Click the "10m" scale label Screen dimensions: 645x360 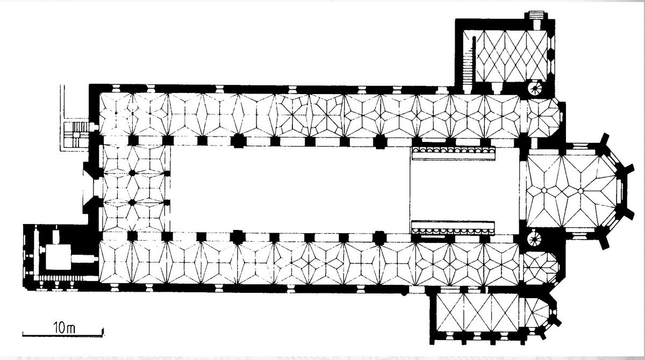tap(64, 328)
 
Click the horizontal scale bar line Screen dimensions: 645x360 tap(63, 335)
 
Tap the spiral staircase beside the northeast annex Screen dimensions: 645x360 tap(535, 88)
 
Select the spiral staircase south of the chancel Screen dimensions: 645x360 tap(534, 239)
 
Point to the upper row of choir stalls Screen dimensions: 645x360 tap(454, 153)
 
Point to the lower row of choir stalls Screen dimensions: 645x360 tap(453, 228)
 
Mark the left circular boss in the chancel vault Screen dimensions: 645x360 tap(544, 190)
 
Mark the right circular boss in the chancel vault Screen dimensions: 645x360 tap(580, 191)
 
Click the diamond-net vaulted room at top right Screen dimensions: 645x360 tap(511, 56)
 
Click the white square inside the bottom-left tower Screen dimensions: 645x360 tap(59, 257)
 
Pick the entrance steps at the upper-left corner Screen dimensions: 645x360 tap(76, 134)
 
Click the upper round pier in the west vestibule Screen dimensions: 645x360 tap(132, 173)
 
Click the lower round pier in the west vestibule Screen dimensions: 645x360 tap(132, 203)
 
